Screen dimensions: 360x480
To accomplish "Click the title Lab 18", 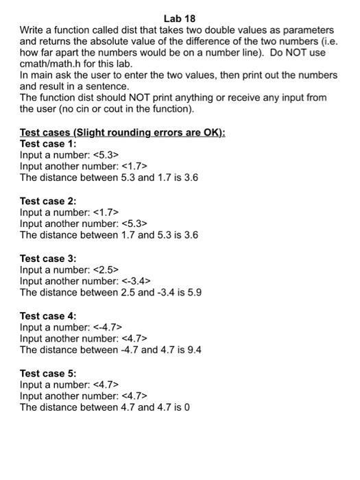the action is click(180, 18).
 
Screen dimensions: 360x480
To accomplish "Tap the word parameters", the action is click(309, 30).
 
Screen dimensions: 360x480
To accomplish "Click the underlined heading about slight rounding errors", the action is click(122, 132).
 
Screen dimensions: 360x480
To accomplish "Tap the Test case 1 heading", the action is click(48, 144).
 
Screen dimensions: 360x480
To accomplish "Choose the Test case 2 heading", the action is click(48, 201).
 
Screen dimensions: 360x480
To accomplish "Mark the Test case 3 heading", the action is click(48, 259).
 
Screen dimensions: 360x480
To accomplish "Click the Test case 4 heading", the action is click(48, 316).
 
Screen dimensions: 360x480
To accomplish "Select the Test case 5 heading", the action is click(48, 374).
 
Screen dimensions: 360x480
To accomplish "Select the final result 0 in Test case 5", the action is click(187, 407).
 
